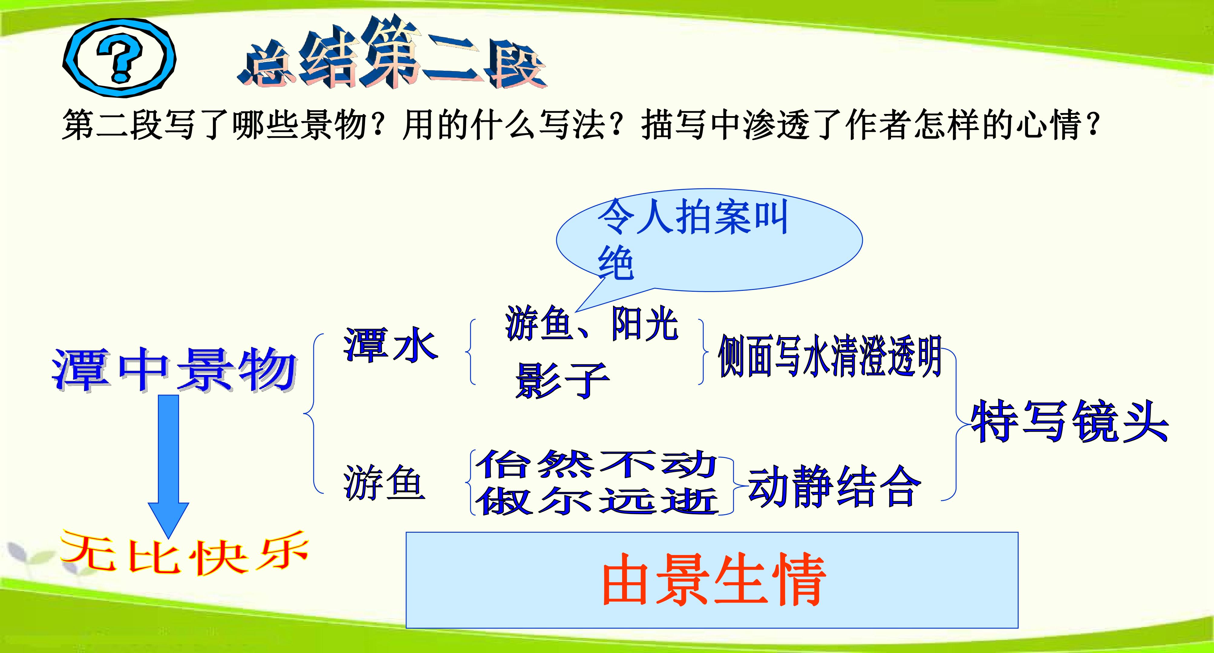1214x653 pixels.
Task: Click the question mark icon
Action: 119,58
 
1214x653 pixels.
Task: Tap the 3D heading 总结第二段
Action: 392,54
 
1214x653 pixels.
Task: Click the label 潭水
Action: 391,344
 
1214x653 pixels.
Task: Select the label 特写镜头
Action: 1069,421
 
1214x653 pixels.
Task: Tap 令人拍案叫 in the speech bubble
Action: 693,217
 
